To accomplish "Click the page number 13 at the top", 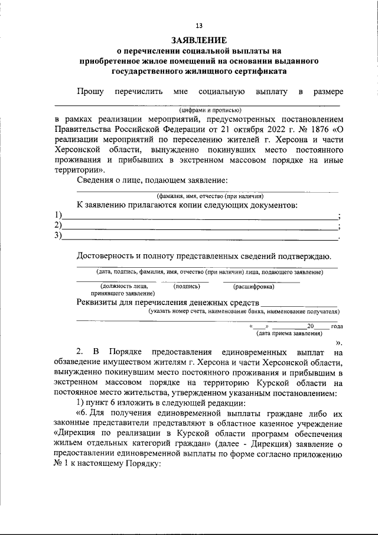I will pyautogui.click(x=198, y=25).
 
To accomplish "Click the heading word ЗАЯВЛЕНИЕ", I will pyautogui.click(x=198, y=41).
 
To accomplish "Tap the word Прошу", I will pyautogui.click(x=90, y=91).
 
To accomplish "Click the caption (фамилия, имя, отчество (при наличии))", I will pyautogui.click(x=210, y=196).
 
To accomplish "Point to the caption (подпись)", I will pyautogui.click(x=186, y=286).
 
